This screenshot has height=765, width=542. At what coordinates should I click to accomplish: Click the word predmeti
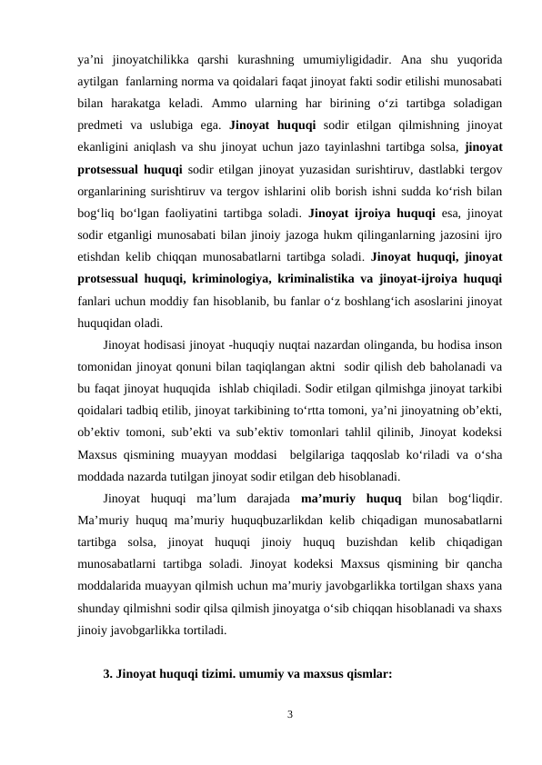pyautogui.click(x=100, y=124)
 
